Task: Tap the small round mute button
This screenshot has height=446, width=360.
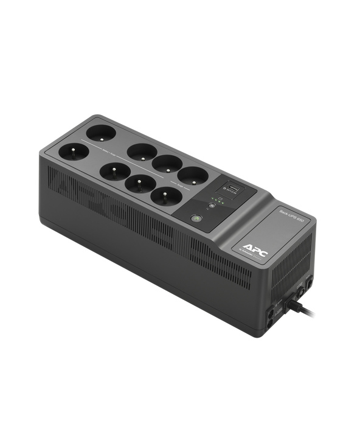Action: tap(211, 206)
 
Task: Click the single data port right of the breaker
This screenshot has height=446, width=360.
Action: tap(309, 284)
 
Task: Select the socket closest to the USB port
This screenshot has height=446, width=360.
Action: tap(192, 176)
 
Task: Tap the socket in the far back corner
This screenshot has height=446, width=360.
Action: tap(100, 131)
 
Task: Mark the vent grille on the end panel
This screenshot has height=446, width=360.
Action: tap(292, 256)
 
